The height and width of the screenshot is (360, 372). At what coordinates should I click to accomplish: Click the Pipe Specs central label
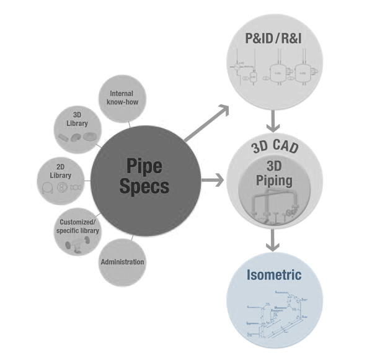click(148, 176)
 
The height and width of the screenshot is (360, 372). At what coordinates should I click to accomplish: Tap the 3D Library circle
click(79, 128)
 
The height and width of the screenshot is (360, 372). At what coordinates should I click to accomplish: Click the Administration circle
click(122, 261)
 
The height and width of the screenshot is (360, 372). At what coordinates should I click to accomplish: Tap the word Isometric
click(273, 274)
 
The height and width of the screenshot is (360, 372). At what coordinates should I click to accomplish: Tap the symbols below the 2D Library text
click(62, 187)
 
